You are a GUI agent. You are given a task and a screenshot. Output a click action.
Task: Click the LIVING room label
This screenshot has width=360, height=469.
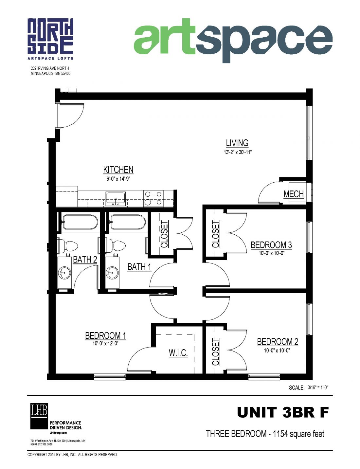coord(237,143)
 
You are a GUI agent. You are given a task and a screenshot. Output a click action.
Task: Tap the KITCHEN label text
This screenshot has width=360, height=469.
coord(118,170)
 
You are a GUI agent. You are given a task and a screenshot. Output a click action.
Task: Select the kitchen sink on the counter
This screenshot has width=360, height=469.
coord(115,199)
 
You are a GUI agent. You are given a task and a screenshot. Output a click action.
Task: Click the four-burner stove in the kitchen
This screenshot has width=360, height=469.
coord(153,198)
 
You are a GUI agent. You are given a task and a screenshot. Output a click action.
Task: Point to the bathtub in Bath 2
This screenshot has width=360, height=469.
coord(80,222)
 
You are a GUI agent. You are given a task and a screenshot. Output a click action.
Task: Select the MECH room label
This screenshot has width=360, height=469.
coord(294,194)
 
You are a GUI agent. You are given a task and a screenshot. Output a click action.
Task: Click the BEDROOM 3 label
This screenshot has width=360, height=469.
coord(271,245)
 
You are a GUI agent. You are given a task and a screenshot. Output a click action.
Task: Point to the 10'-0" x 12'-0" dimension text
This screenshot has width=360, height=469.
coord(105,343)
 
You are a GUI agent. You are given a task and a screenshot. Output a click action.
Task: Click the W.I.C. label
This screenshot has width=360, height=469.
coord(178,353)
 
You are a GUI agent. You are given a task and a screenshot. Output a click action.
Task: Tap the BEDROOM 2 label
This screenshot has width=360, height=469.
coord(278,342)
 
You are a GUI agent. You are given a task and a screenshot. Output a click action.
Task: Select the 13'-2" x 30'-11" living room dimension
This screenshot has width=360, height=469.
coord(237,152)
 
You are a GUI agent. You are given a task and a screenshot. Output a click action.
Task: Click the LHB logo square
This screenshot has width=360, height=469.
coord(39,416)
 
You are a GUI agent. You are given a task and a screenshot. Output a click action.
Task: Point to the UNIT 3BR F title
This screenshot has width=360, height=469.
coord(282,412)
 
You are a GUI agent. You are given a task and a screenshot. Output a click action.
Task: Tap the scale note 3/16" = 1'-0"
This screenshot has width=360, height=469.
coord(318,388)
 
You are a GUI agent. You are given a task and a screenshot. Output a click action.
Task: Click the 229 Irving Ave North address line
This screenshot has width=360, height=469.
coord(50,68)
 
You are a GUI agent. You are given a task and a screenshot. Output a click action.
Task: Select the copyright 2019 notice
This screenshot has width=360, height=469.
coord(72,455)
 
